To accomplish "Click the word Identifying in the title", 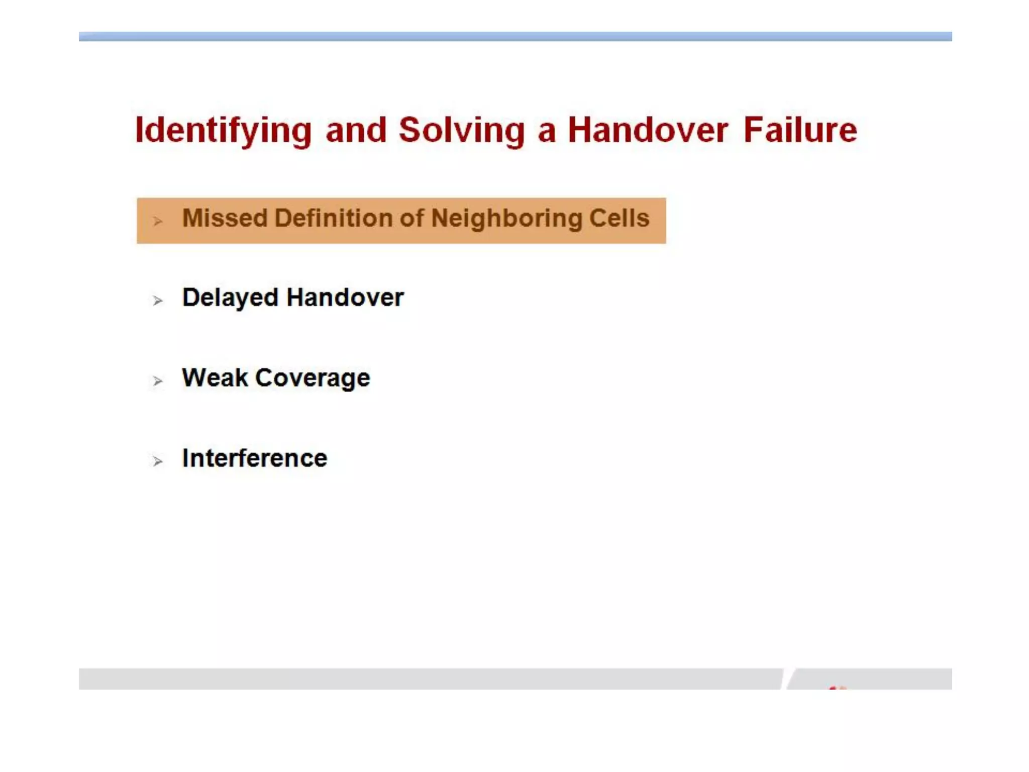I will (x=223, y=131).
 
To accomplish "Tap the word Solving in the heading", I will (x=461, y=131).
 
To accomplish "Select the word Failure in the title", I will (x=800, y=130).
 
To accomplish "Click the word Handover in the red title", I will (x=648, y=130).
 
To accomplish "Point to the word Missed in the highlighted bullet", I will (x=225, y=219).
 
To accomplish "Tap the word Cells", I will (x=619, y=219).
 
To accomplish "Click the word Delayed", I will (x=230, y=298).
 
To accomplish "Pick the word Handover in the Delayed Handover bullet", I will (x=345, y=298).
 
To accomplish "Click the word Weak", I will (x=215, y=377).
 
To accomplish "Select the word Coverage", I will (x=313, y=378).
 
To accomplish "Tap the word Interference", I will (x=255, y=458).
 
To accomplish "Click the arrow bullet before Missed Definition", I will (x=158, y=221).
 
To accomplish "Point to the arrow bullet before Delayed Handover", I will (x=158, y=301).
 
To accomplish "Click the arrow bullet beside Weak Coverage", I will (x=158, y=381).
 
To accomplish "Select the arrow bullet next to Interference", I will (x=158, y=461).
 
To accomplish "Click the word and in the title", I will (x=356, y=130).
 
